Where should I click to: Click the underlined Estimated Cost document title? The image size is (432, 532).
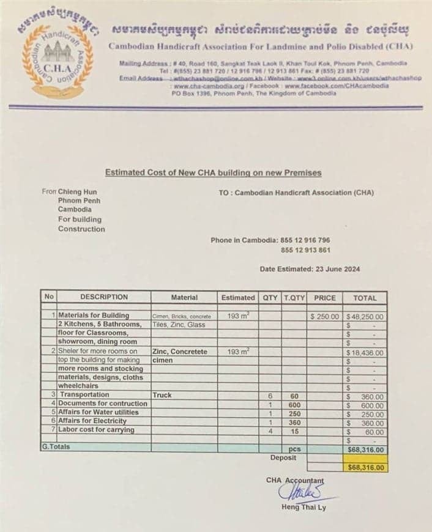point(213,173)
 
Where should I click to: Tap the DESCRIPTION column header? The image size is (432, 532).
point(104,297)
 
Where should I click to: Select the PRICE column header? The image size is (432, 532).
point(325,298)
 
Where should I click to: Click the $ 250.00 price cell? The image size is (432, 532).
point(325,317)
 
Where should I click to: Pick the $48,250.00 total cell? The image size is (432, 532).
point(365,317)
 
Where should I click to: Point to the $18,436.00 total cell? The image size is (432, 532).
point(365,353)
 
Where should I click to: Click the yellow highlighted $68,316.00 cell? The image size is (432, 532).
point(365,467)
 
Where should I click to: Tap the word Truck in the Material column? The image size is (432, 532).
point(163,396)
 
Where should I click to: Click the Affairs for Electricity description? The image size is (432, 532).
point(92,421)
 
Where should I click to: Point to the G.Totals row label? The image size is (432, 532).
point(56,447)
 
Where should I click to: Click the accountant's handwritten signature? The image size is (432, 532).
point(299,492)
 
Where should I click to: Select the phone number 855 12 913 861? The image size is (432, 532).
point(305,250)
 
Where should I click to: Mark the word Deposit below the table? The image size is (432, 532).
point(283,457)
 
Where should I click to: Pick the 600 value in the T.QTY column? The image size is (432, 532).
point(294,405)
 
